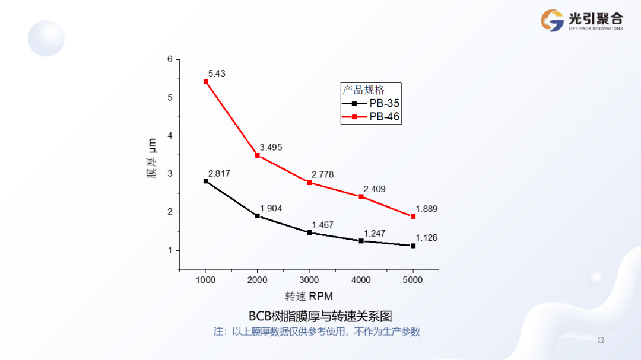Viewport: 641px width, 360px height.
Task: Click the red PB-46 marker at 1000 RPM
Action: pyautogui.click(x=205, y=81)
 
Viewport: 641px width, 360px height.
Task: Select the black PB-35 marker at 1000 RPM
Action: pyautogui.click(x=205, y=181)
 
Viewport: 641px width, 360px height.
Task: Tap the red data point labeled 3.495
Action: pyautogui.click(x=257, y=155)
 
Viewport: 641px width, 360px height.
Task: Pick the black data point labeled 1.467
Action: pyautogui.click(x=309, y=232)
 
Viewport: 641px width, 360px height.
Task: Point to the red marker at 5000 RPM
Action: pyautogui.click(x=413, y=216)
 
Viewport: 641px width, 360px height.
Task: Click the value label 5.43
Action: pyautogui.click(x=216, y=74)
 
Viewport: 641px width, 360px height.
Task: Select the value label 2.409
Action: pyautogui.click(x=375, y=189)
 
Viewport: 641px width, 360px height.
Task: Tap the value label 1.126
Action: pyautogui.click(x=426, y=238)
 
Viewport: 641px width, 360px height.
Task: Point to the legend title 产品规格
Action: pyautogui.click(x=363, y=90)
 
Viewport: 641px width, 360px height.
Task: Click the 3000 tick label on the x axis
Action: pyautogui.click(x=309, y=280)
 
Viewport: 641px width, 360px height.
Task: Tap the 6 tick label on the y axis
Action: pyautogui.click(x=170, y=59)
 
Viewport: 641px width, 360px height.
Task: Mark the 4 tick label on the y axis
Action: pyautogui.click(x=170, y=136)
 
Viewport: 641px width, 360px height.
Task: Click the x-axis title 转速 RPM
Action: pyautogui.click(x=309, y=296)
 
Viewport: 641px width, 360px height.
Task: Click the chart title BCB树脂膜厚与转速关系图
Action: pyautogui.click(x=320, y=316)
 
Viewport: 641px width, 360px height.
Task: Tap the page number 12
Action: pyautogui.click(x=601, y=340)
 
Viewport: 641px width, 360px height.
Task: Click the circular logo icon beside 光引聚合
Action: pyautogui.click(x=552, y=21)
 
